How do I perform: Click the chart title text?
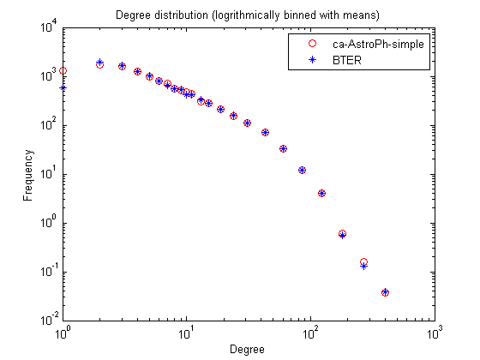(x=248, y=15)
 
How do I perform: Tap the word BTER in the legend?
(x=347, y=60)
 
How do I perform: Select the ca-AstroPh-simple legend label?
(x=378, y=45)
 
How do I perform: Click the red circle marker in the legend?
(x=312, y=44)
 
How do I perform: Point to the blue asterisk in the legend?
(x=312, y=60)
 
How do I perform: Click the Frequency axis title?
(x=27, y=175)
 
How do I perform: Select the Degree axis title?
(x=247, y=350)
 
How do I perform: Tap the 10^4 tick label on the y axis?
(x=49, y=27)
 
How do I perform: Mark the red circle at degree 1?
(x=63, y=71)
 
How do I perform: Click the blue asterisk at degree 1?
(x=63, y=88)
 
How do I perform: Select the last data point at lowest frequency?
(x=386, y=292)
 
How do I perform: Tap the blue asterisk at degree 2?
(x=99, y=62)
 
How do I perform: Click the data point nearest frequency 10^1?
(x=302, y=171)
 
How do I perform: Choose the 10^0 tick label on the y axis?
(x=49, y=222)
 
